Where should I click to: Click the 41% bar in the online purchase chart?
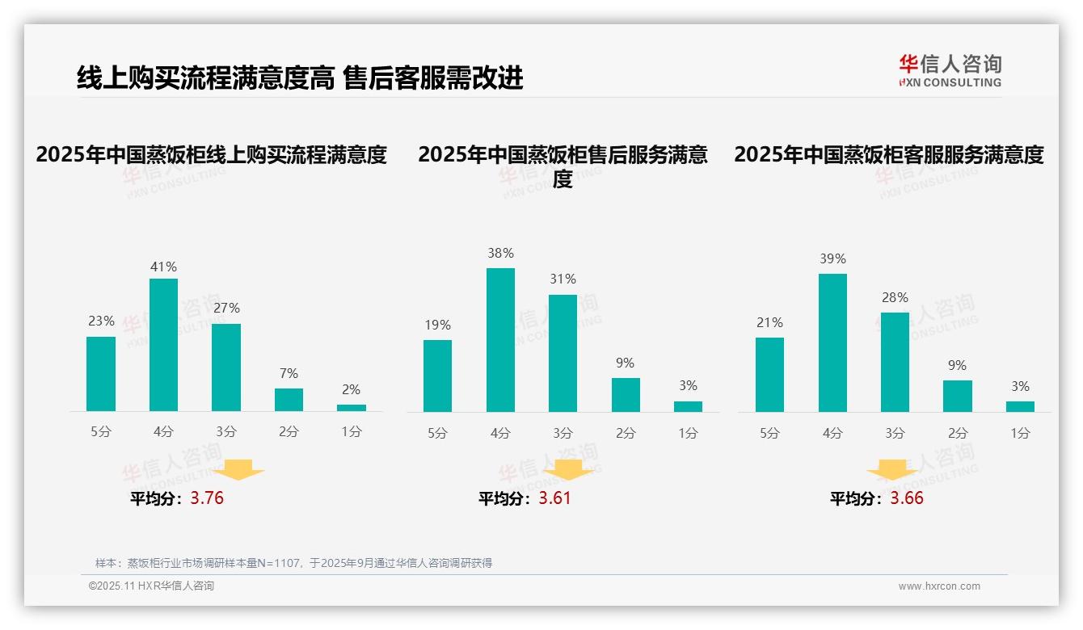pos(163,345)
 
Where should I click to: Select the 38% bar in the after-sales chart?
pos(500,340)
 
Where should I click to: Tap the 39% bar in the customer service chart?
pos(832,342)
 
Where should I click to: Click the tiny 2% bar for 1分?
pos(352,408)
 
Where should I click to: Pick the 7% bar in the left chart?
pos(289,400)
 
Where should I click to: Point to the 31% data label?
pos(563,279)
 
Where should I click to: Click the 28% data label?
pos(895,298)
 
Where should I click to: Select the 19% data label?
pos(437,325)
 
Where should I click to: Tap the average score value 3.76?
pos(207,498)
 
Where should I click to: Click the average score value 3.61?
pos(554,498)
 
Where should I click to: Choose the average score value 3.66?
pos(907,498)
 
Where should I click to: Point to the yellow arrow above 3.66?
pos(892,470)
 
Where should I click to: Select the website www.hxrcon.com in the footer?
pos(939,586)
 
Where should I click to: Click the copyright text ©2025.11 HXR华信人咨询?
pos(151,586)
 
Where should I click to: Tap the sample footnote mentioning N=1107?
pos(293,563)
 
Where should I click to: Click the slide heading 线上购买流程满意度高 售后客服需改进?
pos(300,78)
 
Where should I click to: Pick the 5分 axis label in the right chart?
pos(769,434)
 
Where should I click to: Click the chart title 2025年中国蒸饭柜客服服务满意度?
pos(889,154)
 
